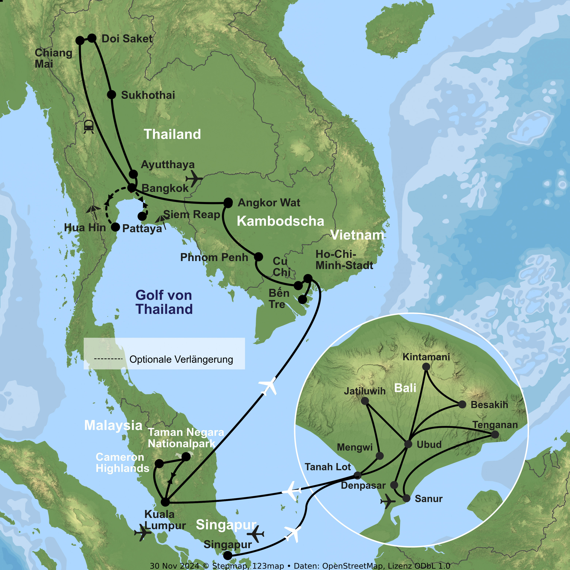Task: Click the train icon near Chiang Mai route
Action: [x=89, y=126]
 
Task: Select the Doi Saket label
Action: [x=127, y=39]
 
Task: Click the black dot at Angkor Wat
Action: [x=228, y=203]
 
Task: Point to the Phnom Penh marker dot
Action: [x=258, y=257]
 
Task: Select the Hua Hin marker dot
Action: [x=115, y=227]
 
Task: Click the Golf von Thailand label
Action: [x=164, y=302]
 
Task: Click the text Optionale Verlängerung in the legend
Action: [x=181, y=359]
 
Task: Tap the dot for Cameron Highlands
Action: [x=159, y=463]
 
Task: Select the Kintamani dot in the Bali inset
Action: [x=426, y=367]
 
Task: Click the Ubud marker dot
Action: [x=408, y=444]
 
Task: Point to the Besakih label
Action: [x=489, y=405]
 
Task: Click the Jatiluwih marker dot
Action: [x=365, y=401]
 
